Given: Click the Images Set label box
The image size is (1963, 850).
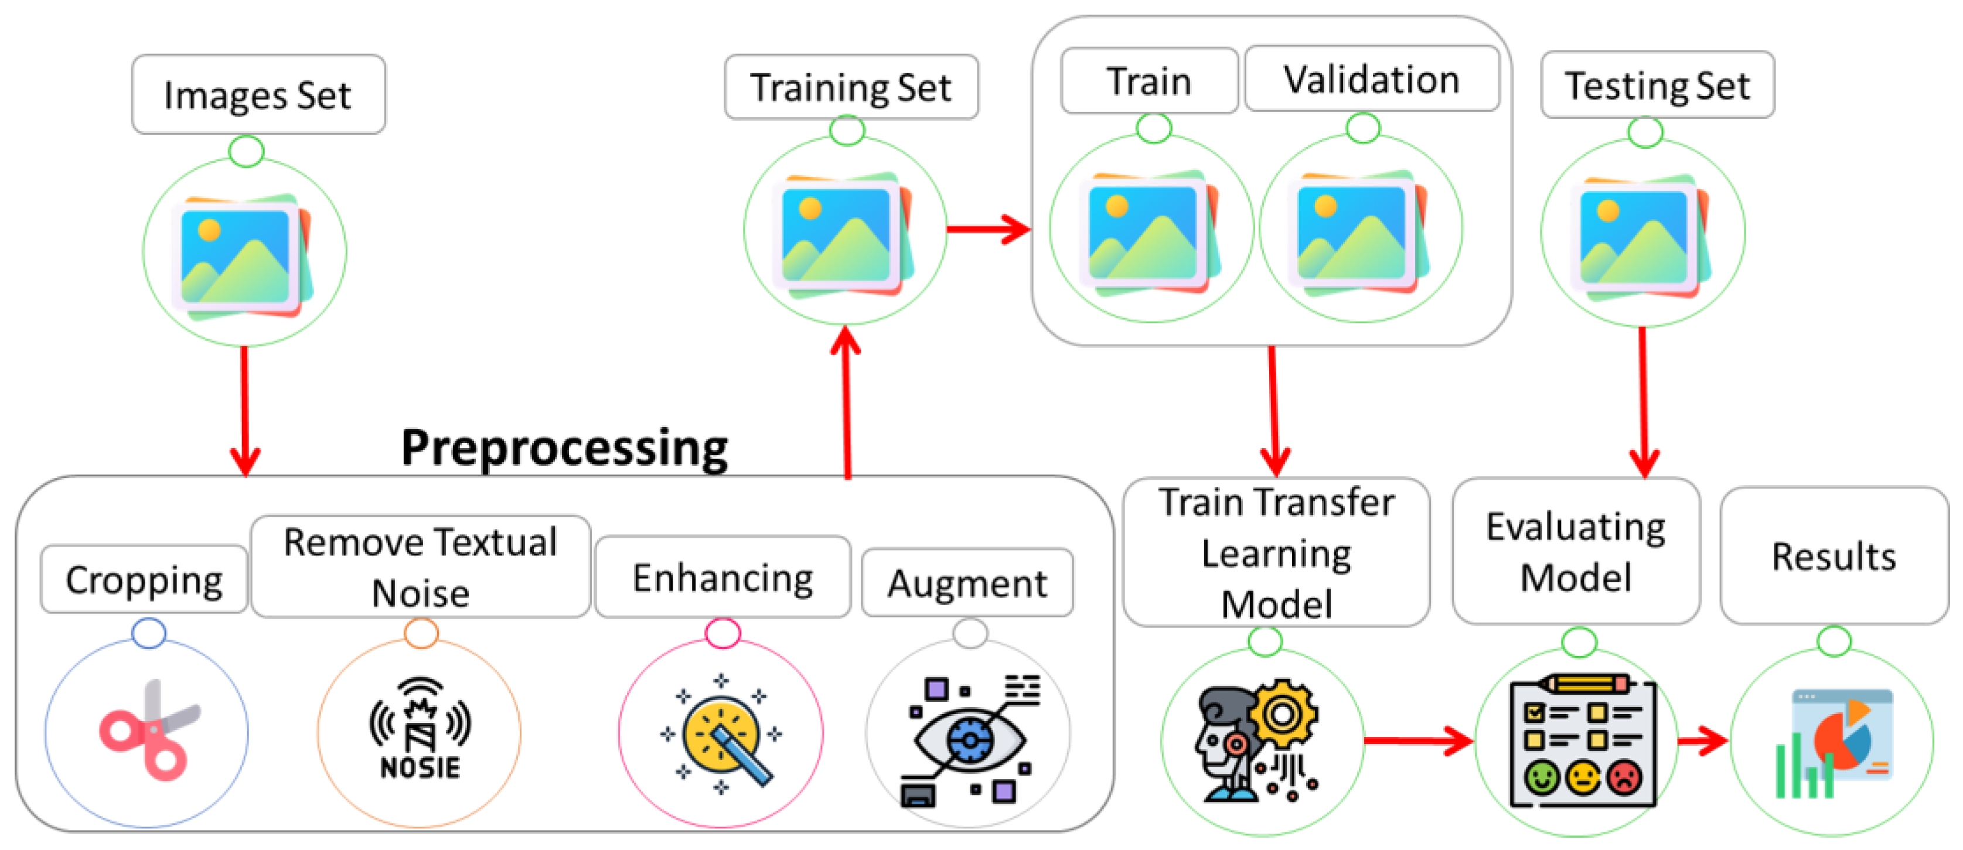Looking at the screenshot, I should click(x=258, y=94).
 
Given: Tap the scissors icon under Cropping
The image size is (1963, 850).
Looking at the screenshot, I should click(x=149, y=731).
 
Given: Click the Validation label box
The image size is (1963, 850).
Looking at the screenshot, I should click(x=1371, y=79).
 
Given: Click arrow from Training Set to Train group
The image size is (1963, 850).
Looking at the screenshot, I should click(x=989, y=228).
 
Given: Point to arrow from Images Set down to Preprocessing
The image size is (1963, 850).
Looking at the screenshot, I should click(x=244, y=411).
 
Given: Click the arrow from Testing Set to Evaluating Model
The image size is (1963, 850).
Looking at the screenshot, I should click(x=1644, y=404).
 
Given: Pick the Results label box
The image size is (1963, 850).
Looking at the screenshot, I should click(x=1834, y=556).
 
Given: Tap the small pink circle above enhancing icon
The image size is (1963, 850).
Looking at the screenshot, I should click(x=723, y=633).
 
